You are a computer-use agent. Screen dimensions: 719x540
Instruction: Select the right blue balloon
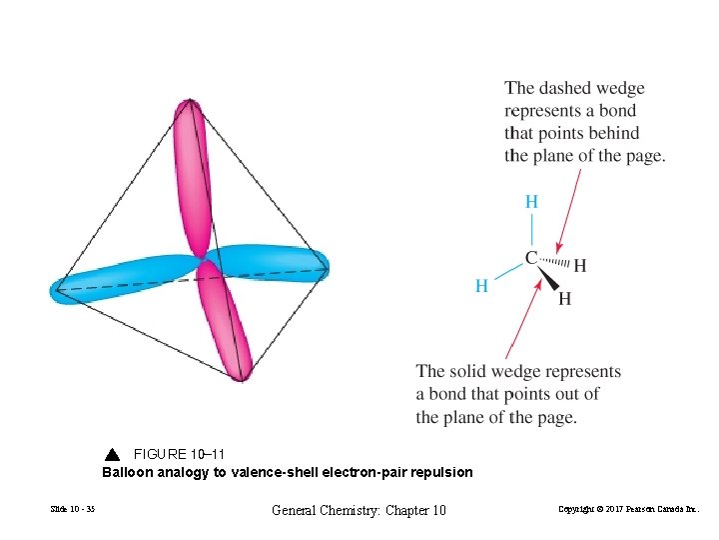click(270, 260)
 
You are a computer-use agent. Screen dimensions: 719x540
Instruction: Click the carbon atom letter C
click(531, 257)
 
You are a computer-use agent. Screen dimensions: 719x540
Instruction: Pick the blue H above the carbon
click(531, 202)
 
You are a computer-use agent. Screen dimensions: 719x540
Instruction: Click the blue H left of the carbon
click(481, 286)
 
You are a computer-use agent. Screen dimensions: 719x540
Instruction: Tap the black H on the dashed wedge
click(580, 266)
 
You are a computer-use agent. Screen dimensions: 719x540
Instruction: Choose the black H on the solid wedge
click(565, 298)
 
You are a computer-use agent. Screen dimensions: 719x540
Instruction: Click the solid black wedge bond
click(547, 280)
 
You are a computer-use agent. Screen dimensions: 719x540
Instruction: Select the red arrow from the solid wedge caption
click(525, 320)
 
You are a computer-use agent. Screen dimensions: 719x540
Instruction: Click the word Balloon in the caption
click(127, 472)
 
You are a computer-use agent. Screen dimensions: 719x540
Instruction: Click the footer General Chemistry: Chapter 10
click(359, 511)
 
